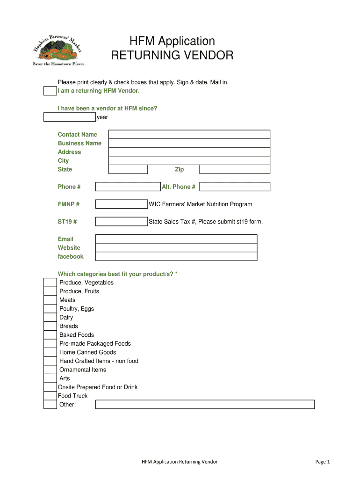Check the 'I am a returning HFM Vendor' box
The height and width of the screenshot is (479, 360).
50,91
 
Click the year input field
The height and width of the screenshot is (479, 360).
70,117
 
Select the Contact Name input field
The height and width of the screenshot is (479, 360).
189,135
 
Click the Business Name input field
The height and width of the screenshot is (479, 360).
189,143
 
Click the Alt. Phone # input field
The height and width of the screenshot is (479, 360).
234,187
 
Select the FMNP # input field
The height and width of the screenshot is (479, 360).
121,204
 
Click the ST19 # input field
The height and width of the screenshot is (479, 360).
121,222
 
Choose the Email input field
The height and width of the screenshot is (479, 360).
176,239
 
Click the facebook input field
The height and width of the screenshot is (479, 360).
176,256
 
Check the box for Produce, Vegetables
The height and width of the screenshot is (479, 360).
50,283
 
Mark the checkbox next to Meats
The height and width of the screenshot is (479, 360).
50,300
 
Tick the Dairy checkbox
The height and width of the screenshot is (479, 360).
50,318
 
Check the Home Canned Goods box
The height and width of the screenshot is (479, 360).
50,352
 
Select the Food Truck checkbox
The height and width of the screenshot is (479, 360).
50,396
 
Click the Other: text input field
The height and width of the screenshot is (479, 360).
205,405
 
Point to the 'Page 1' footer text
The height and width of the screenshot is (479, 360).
323,462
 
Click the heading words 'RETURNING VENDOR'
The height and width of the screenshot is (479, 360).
172,56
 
